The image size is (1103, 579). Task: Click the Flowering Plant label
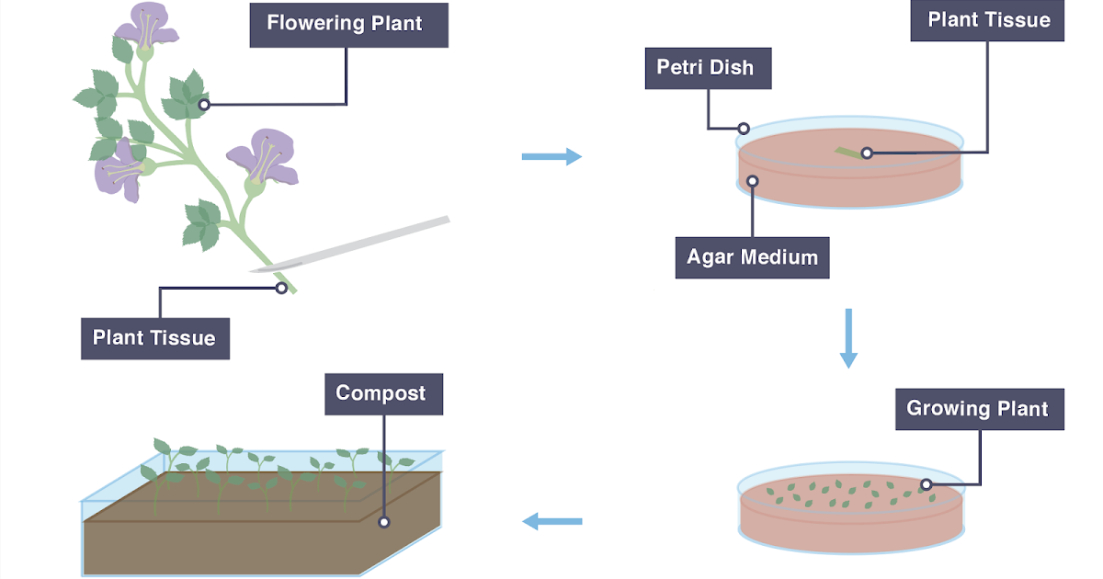(x=348, y=23)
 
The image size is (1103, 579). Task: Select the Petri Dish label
(x=707, y=68)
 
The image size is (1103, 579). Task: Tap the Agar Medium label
(x=752, y=257)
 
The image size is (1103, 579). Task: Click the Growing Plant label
(x=978, y=409)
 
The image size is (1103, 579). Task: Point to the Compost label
(x=381, y=393)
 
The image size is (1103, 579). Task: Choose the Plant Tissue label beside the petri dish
(x=988, y=20)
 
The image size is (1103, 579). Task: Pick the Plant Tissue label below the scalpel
(x=154, y=338)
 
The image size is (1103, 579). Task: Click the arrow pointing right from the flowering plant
(x=551, y=157)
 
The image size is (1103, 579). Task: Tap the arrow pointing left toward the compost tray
(x=551, y=522)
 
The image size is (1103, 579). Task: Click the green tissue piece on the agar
(x=849, y=153)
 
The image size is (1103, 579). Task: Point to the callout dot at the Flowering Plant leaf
(x=204, y=105)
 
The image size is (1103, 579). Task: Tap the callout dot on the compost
(x=383, y=522)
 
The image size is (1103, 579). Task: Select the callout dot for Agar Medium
(x=752, y=181)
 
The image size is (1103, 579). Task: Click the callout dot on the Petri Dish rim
(x=744, y=129)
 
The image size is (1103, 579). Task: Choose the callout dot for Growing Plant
(x=927, y=484)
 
